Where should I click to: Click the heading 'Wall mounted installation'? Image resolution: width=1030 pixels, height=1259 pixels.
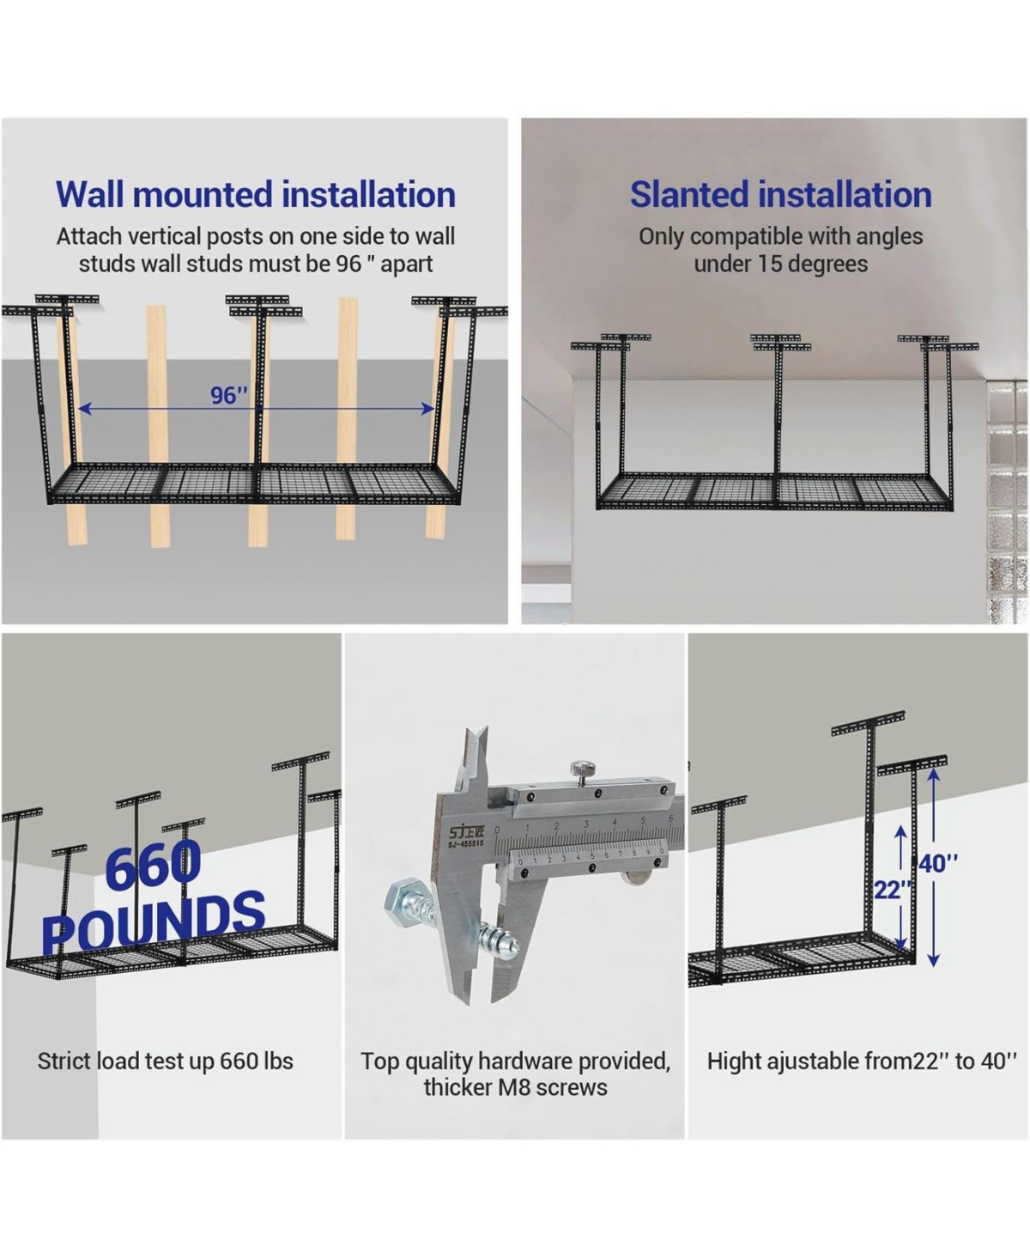click(255, 195)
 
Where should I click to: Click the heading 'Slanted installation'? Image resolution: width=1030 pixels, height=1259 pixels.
click(780, 195)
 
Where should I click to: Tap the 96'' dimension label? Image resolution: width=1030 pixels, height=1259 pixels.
click(229, 395)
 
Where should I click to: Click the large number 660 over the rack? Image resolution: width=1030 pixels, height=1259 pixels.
click(153, 865)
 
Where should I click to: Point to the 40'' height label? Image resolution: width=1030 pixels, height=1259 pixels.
click(938, 863)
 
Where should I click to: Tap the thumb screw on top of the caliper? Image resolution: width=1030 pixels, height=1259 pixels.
click(583, 771)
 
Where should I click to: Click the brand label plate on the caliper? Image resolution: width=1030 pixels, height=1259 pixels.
click(465, 836)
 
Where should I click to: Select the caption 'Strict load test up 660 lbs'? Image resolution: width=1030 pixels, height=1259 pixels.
click(166, 1061)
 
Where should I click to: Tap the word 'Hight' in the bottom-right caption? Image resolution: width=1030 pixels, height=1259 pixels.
click(736, 1061)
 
